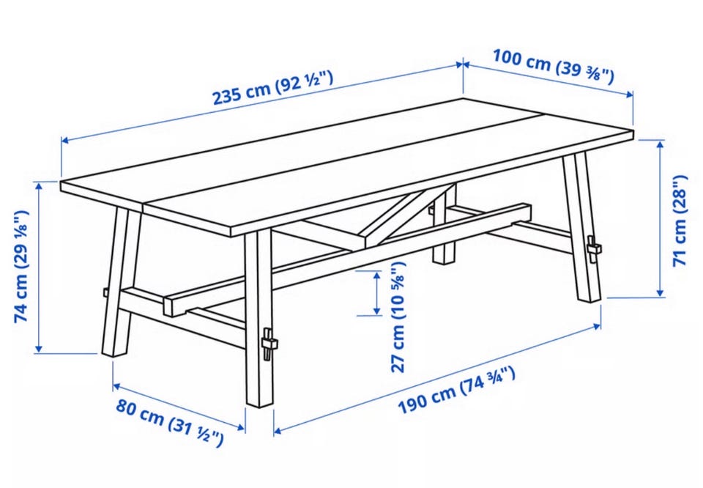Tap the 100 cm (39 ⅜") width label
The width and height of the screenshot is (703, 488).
tap(554, 67)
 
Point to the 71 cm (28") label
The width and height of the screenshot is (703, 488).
tap(680, 221)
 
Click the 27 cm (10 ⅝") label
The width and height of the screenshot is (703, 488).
tap(398, 317)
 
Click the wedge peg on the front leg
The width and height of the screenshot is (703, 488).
tap(269, 344)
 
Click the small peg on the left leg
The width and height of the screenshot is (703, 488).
tap(105, 292)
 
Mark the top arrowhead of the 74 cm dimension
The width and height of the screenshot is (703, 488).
tap(39, 186)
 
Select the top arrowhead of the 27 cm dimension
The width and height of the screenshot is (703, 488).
tap(377, 275)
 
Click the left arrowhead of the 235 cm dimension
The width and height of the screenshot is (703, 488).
tap(65, 141)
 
